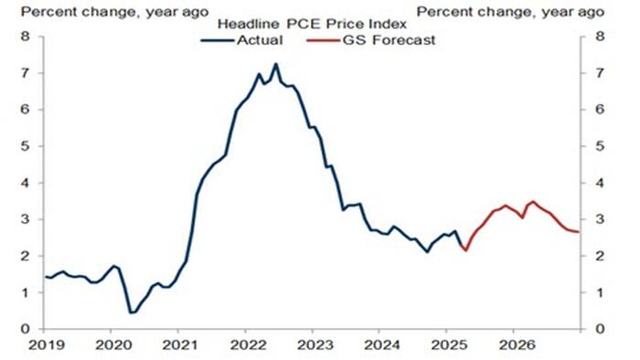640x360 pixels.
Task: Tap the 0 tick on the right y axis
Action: [599, 329]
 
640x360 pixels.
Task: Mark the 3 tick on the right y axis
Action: [599, 219]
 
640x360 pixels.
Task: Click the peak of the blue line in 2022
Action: [276, 64]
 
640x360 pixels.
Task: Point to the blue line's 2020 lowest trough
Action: [131, 312]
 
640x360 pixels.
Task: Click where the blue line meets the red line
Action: [465, 249]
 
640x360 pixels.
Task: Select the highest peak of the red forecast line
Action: [533, 201]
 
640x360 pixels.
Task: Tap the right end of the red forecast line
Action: [579, 231]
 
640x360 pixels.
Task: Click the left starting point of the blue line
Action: [44, 276]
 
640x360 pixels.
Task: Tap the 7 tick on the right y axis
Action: [599, 73]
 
